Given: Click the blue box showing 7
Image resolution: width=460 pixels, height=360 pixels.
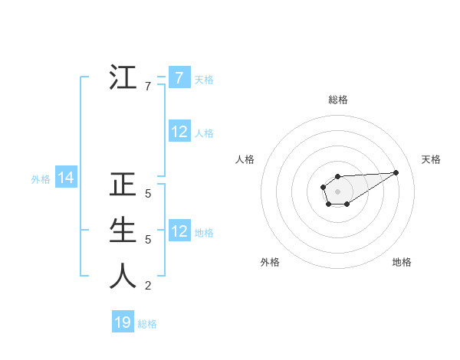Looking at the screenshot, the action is click(x=179, y=78).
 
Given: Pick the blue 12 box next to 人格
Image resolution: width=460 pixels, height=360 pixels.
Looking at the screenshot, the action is click(x=179, y=132).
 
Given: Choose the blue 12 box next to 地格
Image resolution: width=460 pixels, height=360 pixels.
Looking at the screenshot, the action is click(x=179, y=231).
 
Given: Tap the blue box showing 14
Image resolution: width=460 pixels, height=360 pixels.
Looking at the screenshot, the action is click(x=66, y=178).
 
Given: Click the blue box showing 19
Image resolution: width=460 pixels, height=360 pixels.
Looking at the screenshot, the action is click(x=123, y=322).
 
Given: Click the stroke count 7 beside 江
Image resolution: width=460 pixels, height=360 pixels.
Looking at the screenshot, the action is click(x=147, y=87).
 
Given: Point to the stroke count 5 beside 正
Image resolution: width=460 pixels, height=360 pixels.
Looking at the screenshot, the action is click(x=147, y=195).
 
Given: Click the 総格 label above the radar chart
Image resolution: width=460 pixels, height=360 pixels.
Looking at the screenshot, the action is click(x=337, y=100).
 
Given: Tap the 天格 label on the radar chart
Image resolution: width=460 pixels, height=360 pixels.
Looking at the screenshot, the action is click(x=431, y=159).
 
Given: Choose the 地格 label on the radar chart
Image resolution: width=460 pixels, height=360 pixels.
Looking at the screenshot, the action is click(x=402, y=262).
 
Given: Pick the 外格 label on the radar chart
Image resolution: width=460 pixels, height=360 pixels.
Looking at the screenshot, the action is click(x=270, y=262).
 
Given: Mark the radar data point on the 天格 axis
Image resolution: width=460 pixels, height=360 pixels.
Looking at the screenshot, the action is click(x=396, y=172).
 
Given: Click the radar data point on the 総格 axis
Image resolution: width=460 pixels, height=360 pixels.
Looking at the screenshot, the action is click(x=337, y=176).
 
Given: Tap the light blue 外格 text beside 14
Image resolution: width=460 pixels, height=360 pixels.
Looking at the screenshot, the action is click(x=41, y=179).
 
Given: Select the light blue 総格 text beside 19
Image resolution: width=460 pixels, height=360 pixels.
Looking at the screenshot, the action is click(x=147, y=323).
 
